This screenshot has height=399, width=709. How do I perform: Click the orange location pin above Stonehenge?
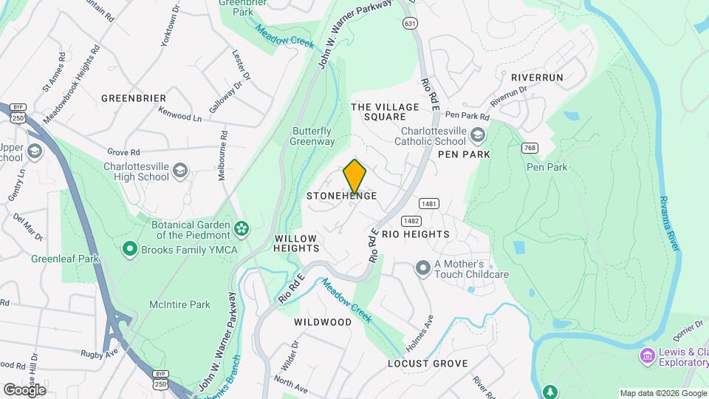[x=355, y=176]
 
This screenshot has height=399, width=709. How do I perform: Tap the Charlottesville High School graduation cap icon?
[x=180, y=172]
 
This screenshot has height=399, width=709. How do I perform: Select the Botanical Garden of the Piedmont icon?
[x=241, y=226]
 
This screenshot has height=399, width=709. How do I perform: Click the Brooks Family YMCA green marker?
[x=131, y=249]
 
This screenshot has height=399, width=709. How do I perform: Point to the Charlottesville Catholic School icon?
[x=478, y=134]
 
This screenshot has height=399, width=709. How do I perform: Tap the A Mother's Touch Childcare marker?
[x=422, y=267]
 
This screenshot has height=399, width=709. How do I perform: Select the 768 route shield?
[x=530, y=149]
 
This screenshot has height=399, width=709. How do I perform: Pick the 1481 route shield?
[x=429, y=203]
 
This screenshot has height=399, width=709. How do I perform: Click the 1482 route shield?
[x=411, y=221]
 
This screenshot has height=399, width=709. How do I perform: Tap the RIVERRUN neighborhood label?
[x=537, y=77]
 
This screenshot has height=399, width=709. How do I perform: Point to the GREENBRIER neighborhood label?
[x=134, y=98]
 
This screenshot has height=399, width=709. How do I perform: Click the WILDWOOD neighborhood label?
[x=323, y=322]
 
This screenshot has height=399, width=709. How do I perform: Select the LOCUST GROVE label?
[x=428, y=364]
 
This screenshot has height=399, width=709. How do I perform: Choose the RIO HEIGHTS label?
[x=415, y=234]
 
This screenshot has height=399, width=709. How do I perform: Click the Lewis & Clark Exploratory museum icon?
[x=648, y=356]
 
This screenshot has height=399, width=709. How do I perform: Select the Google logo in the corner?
[x=24, y=389]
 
